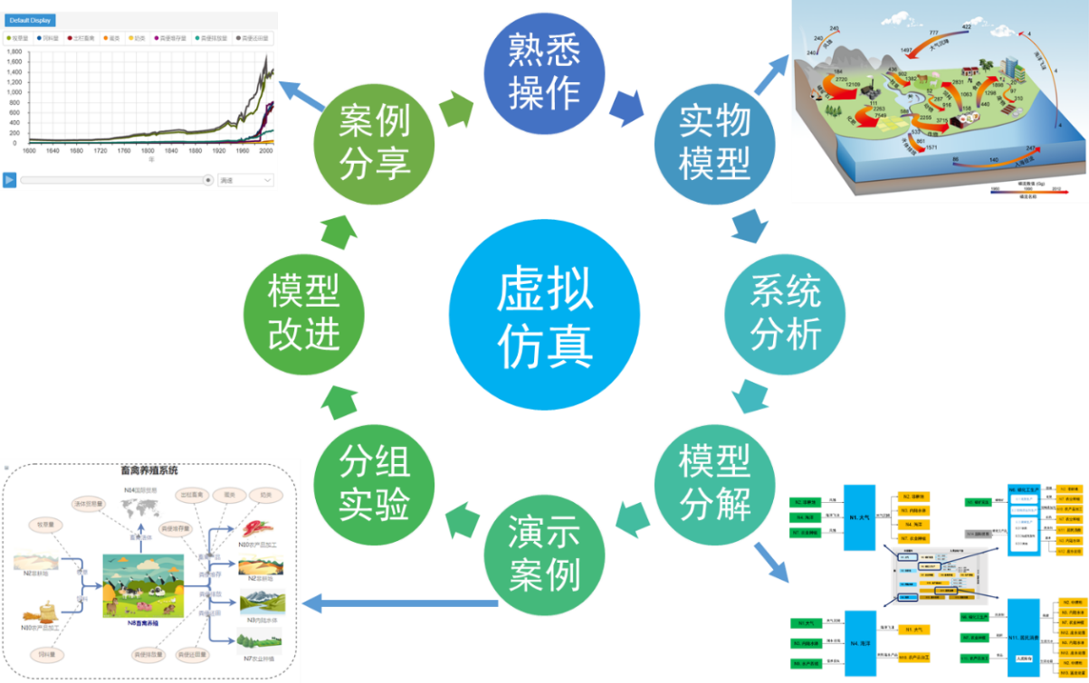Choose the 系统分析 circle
[785, 312]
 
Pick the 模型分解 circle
[714, 484]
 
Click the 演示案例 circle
[543, 553]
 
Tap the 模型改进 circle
[303, 312]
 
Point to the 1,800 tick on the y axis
[14, 52]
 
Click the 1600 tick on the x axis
[30, 151]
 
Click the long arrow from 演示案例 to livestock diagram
[398, 602]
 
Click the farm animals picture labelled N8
[142, 584]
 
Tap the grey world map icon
[140, 511]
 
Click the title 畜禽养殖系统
[149, 470]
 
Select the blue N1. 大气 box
[859, 517]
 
